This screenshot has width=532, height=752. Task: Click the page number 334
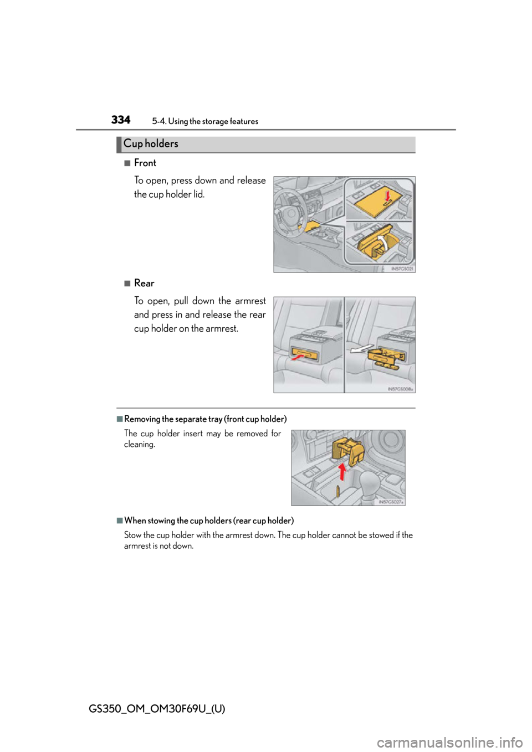(121, 120)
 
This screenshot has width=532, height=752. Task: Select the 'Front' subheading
(145, 163)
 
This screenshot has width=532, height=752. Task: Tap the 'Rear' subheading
(144, 283)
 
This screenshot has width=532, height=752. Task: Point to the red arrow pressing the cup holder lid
(388, 195)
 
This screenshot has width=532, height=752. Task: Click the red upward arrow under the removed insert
(342, 472)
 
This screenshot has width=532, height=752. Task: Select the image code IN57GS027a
(391, 502)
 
